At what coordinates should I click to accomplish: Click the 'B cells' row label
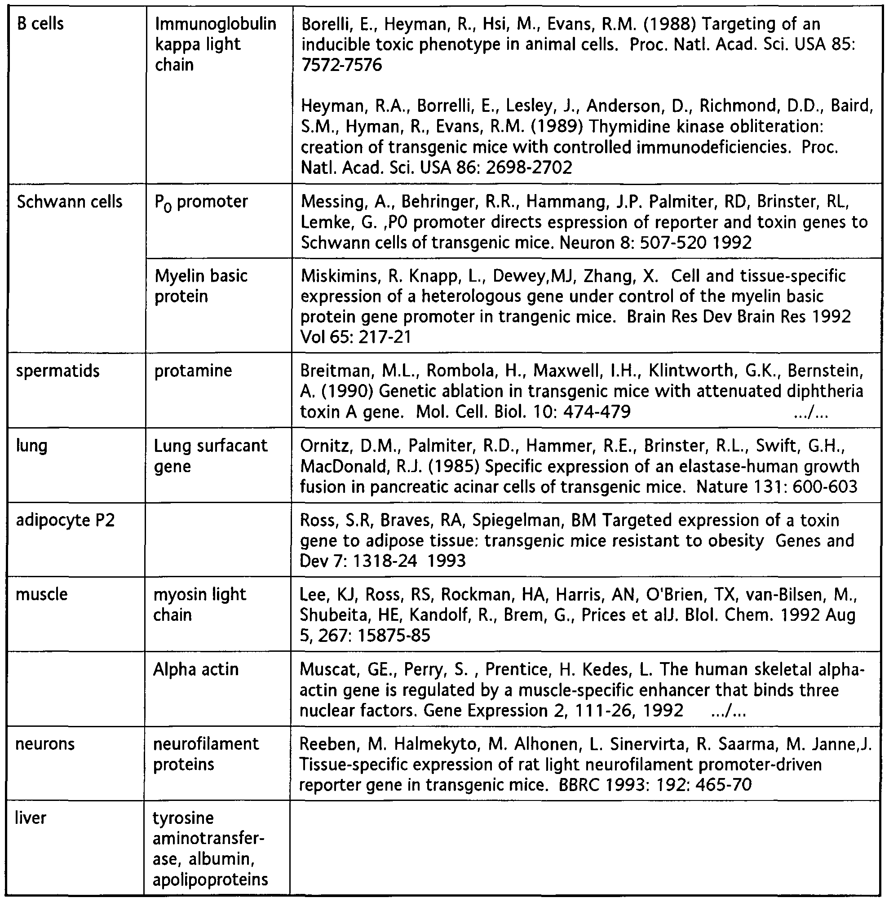point(40,23)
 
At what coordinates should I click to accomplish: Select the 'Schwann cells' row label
point(69,202)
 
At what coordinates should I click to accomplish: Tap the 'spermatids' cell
point(58,371)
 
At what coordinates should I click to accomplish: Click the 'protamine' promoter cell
point(193,371)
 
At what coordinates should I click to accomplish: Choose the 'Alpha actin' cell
point(196,669)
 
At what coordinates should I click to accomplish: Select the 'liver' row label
point(31,818)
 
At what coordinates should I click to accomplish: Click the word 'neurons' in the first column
point(45,744)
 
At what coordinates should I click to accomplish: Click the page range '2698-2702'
point(529,167)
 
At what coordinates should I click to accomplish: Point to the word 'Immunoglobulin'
point(215,23)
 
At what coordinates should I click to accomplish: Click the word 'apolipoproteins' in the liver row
point(211,880)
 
